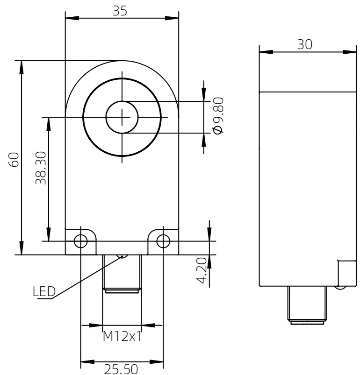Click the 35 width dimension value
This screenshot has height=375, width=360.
click(120, 11)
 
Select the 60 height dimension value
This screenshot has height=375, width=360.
click(14, 160)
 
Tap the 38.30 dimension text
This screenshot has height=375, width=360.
click(41, 168)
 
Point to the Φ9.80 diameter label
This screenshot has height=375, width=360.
click(218, 116)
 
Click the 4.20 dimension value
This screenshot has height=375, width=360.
click(202, 270)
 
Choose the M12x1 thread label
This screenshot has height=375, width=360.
click(122, 336)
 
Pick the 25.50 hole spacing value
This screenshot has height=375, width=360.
click(121, 369)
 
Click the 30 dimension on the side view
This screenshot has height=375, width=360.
click(305, 44)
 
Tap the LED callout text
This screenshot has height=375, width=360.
click(44, 291)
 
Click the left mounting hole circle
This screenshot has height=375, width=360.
click(81, 241)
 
